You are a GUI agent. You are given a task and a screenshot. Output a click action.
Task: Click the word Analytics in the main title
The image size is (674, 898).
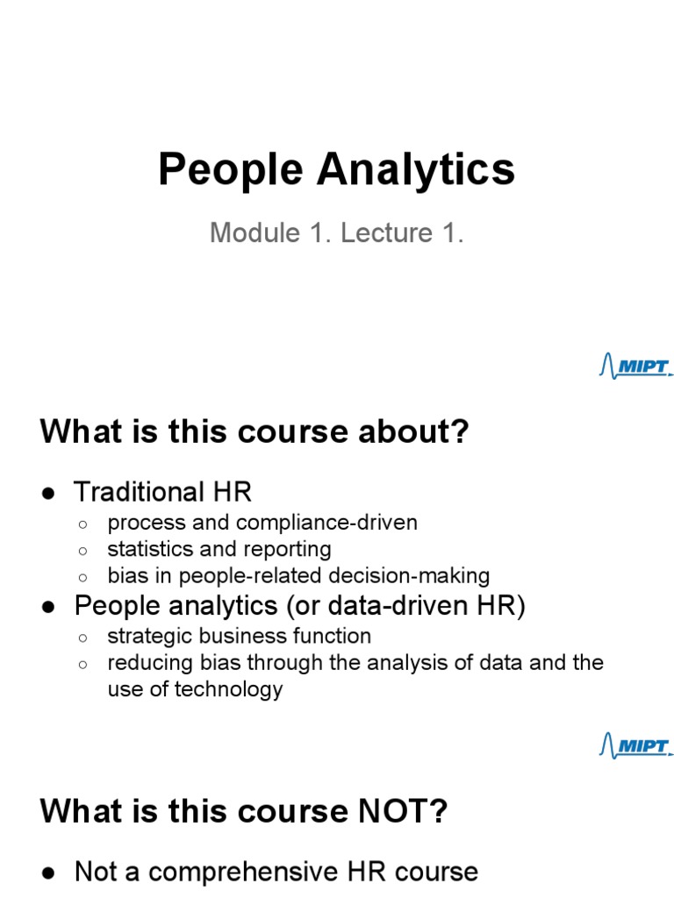coord(415,170)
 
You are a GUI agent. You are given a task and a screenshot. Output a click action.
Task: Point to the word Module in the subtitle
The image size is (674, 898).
coord(248,233)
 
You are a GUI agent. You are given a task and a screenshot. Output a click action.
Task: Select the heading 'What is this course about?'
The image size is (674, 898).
coord(255,432)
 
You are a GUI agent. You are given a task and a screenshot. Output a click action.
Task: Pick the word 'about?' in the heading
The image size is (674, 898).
coord(422,432)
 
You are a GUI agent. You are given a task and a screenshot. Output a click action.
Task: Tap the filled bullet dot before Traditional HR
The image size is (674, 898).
coord(50,492)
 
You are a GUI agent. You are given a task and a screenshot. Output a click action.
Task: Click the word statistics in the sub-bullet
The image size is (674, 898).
coord(146,549)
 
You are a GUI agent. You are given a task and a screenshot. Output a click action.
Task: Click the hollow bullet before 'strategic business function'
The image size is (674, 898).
coord(82,638)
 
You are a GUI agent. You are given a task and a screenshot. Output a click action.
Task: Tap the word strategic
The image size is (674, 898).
coord(145,636)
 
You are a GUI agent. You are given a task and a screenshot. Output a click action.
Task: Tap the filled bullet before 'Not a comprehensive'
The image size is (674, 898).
coord(50,873)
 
